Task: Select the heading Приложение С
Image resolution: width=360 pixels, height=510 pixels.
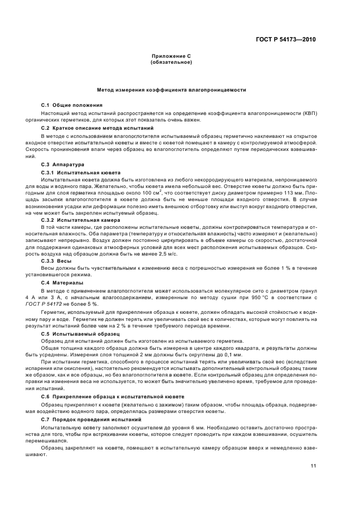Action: pyautogui.click(x=170, y=56)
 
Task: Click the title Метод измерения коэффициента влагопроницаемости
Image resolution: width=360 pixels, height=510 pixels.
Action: pyautogui.click(x=170, y=89)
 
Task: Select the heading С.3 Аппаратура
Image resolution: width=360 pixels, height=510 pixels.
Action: pyautogui.click(x=63, y=163)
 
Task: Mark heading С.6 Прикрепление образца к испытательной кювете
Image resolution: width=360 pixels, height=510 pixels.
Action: pyautogui.click(x=112, y=397)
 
